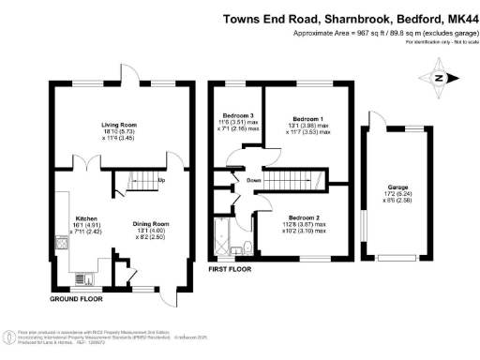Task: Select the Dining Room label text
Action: (150, 223)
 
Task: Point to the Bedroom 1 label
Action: (311, 119)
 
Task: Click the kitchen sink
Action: (59, 244)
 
